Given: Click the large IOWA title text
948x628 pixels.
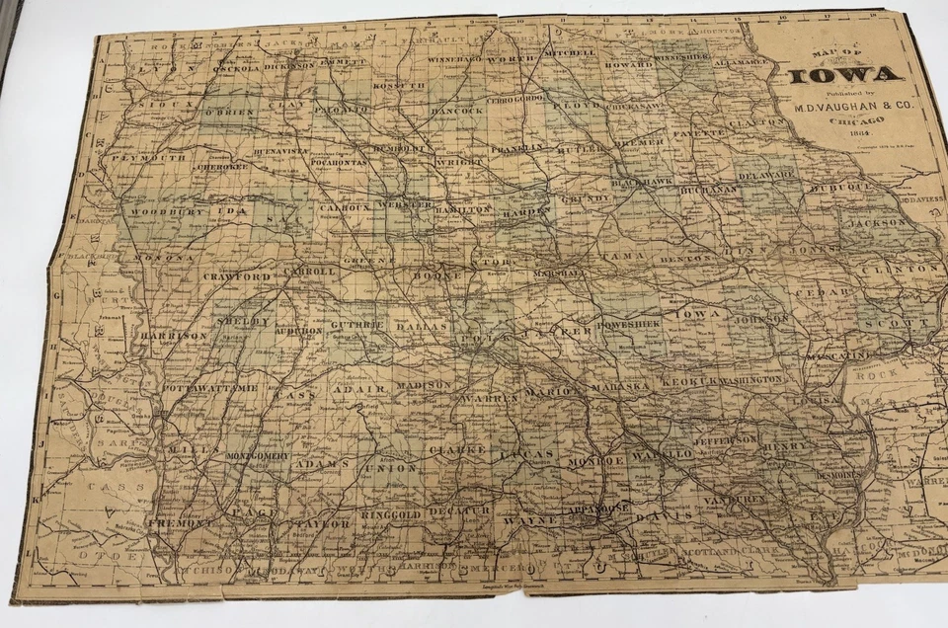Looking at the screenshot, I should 844,74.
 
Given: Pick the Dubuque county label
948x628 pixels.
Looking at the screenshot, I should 842,186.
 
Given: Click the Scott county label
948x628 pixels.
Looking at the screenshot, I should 884,323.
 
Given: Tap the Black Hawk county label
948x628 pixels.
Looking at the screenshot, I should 642,184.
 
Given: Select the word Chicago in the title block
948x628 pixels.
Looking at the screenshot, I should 843,121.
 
